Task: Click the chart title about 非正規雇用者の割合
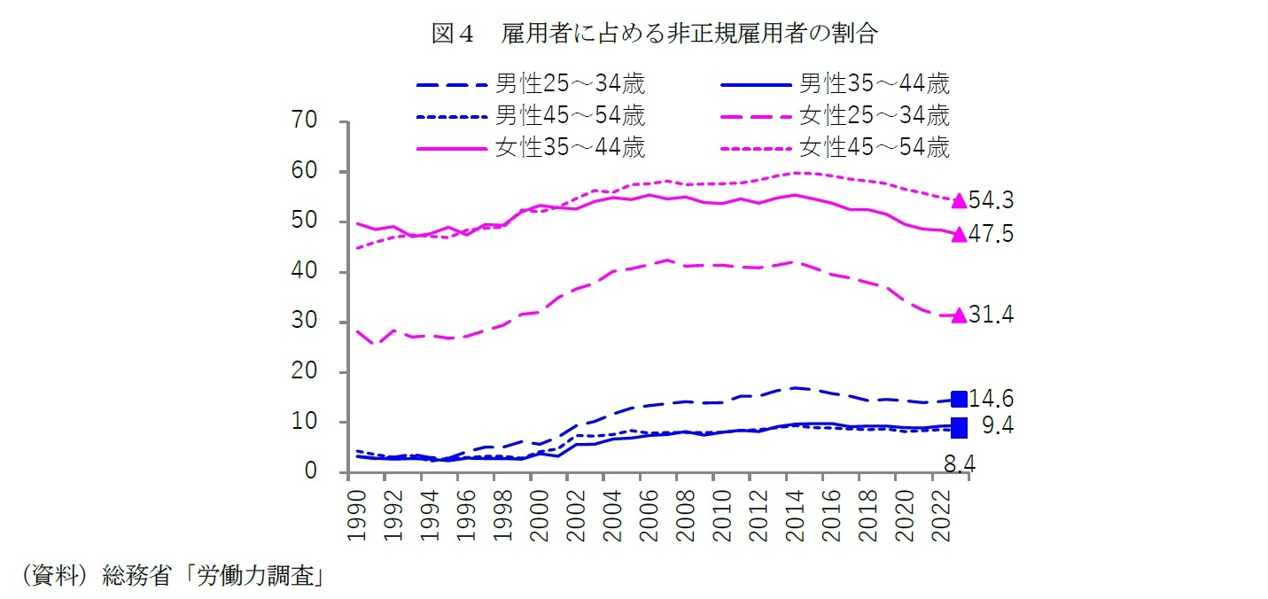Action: click(x=655, y=34)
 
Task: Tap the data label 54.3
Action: click(x=991, y=201)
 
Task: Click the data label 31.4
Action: click(x=991, y=315)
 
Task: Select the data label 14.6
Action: click(x=991, y=399)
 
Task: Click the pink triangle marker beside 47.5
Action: click(x=958, y=235)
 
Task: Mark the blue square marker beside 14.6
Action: click(x=958, y=400)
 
